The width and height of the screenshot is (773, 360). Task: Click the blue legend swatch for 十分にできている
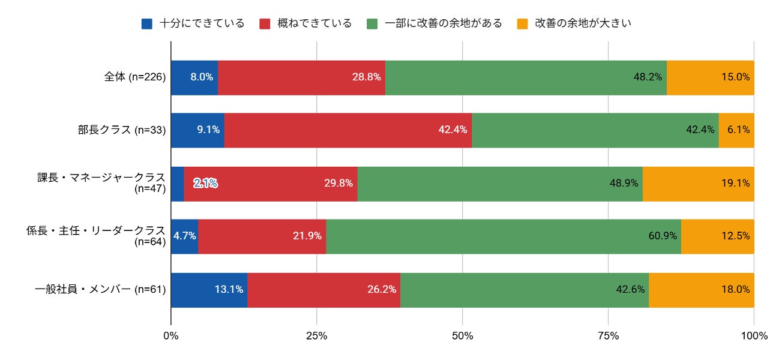click(x=146, y=24)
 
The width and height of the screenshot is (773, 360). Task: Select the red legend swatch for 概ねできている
click(x=265, y=24)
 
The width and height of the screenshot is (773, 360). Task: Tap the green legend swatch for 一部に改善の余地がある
click(x=372, y=24)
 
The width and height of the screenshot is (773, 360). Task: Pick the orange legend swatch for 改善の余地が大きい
click(x=523, y=24)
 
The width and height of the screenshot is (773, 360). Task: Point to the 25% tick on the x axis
click(x=316, y=335)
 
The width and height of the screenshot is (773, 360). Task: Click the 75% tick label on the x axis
click(x=608, y=335)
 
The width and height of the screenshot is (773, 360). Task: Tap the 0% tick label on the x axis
click(x=171, y=335)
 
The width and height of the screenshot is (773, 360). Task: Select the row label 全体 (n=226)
click(x=135, y=77)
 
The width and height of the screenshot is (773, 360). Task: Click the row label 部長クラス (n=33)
click(x=122, y=130)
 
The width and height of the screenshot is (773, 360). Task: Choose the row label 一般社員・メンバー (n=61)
click(x=100, y=289)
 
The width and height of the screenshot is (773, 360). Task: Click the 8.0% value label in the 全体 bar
click(x=202, y=77)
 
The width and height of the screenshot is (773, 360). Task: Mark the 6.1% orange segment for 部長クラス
click(x=736, y=130)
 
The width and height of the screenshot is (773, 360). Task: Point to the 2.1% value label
click(x=205, y=183)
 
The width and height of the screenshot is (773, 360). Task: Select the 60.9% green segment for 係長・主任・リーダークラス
click(x=504, y=236)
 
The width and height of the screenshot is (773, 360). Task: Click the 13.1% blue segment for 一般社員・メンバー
click(x=209, y=290)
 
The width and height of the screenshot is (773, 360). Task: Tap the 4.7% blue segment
click(x=185, y=236)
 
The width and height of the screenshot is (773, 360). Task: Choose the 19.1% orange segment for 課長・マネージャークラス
click(x=699, y=184)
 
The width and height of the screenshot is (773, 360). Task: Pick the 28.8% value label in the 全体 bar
click(x=366, y=77)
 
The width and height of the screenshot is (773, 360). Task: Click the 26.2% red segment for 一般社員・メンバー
click(x=323, y=290)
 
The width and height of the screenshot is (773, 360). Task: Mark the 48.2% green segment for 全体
click(x=526, y=77)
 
